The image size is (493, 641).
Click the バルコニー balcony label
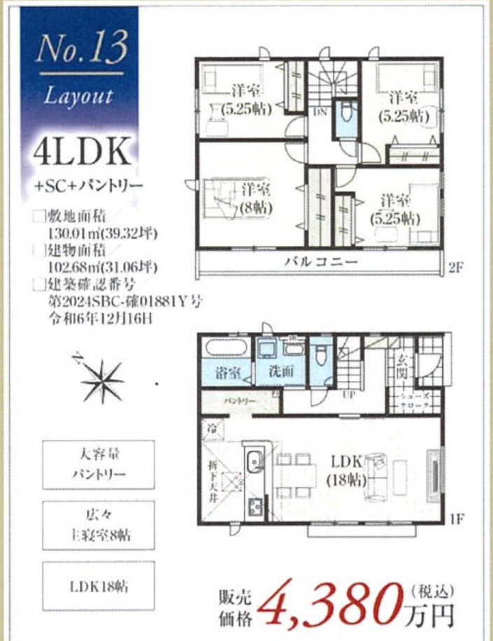point(321,261)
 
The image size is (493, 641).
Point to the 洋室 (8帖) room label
point(257,198)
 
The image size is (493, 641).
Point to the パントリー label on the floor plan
point(239,401)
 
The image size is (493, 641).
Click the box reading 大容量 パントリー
point(99,464)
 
